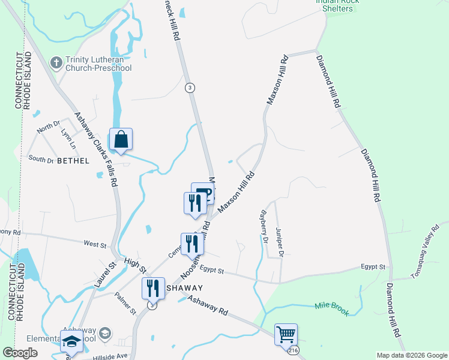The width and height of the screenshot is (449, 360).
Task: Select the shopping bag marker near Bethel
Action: pyautogui.click(x=121, y=140)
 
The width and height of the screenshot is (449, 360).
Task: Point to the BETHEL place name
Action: pyautogui.click(x=73, y=161)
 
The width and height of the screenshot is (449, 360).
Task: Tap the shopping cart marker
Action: pyautogui.click(x=286, y=334)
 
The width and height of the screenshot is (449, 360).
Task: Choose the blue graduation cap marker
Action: pyautogui.click(x=71, y=341)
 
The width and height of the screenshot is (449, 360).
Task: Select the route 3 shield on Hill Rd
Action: pyautogui.click(x=189, y=87)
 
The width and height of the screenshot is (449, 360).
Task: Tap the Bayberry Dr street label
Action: pyautogui.click(x=263, y=226)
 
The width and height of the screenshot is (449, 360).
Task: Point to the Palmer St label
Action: pyautogui.click(x=129, y=305)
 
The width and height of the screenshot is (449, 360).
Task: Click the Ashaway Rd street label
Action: pyautogui.click(x=208, y=305)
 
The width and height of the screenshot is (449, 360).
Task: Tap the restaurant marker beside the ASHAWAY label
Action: pyautogui.click(x=153, y=289)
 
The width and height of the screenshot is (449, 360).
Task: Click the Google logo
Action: pyautogui.click(x=20, y=353)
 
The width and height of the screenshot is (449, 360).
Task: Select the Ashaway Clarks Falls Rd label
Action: pyautogui.click(x=97, y=149)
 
